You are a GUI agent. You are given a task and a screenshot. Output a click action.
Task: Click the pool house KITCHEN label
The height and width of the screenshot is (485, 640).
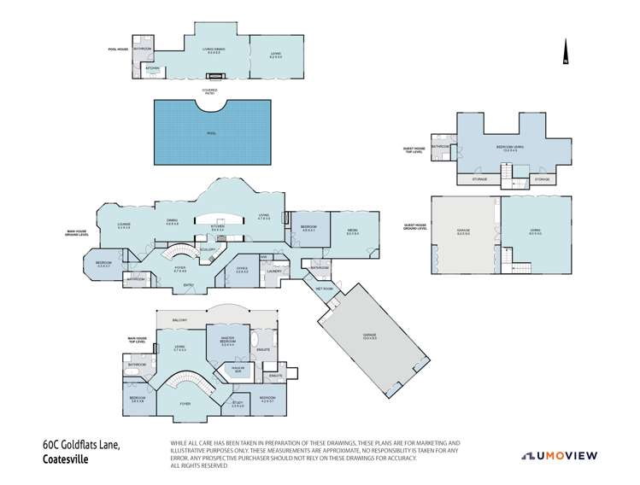153,68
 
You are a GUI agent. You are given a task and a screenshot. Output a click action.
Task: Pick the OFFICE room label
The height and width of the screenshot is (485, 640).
243,270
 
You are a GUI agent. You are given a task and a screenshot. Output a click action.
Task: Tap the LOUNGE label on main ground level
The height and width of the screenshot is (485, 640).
124,225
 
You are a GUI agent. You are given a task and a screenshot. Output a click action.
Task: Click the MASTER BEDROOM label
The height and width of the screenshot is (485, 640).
227,342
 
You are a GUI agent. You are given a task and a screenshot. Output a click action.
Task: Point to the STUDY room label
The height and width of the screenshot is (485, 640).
238,404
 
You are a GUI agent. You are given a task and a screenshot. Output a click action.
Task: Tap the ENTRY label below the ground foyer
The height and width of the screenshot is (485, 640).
188,285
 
